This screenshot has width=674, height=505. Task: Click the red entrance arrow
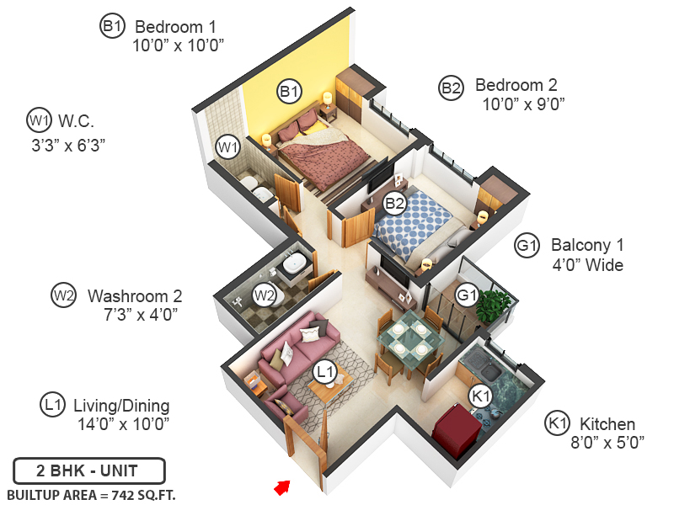282,486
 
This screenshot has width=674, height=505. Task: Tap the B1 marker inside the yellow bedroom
290,91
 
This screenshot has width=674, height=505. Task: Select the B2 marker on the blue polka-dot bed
394,203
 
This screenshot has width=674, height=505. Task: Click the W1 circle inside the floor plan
227,147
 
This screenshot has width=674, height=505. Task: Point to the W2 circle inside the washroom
265,295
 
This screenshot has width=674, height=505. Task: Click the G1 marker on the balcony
467,295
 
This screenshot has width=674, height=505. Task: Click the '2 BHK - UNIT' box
88,470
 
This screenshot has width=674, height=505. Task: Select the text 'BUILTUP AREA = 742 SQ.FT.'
91,494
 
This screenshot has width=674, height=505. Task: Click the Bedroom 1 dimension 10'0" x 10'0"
178,45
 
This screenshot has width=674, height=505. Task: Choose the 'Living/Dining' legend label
121,405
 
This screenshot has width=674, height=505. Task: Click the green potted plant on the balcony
495,305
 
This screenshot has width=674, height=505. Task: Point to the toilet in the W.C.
253,187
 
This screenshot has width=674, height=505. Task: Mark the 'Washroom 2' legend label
135,296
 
